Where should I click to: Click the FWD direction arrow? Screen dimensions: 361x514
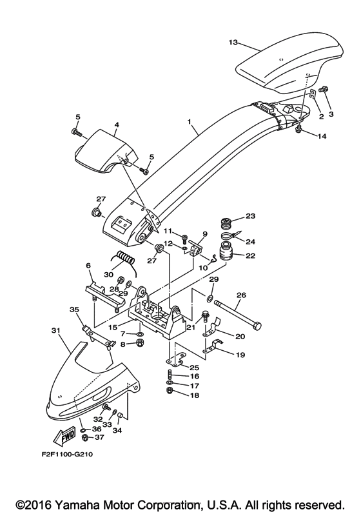[64, 437]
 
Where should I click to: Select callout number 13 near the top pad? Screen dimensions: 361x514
[233, 43]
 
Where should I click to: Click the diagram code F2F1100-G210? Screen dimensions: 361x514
[67, 454]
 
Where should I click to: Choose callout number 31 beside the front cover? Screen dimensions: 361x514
[56, 330]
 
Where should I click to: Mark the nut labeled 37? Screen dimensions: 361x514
[84, 437]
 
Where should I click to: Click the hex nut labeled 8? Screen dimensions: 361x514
[141, 344]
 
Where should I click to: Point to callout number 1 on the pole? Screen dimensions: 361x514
[189, 121]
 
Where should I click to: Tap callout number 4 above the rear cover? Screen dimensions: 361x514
[117, 124]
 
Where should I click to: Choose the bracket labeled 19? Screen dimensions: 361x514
[212, 346]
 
